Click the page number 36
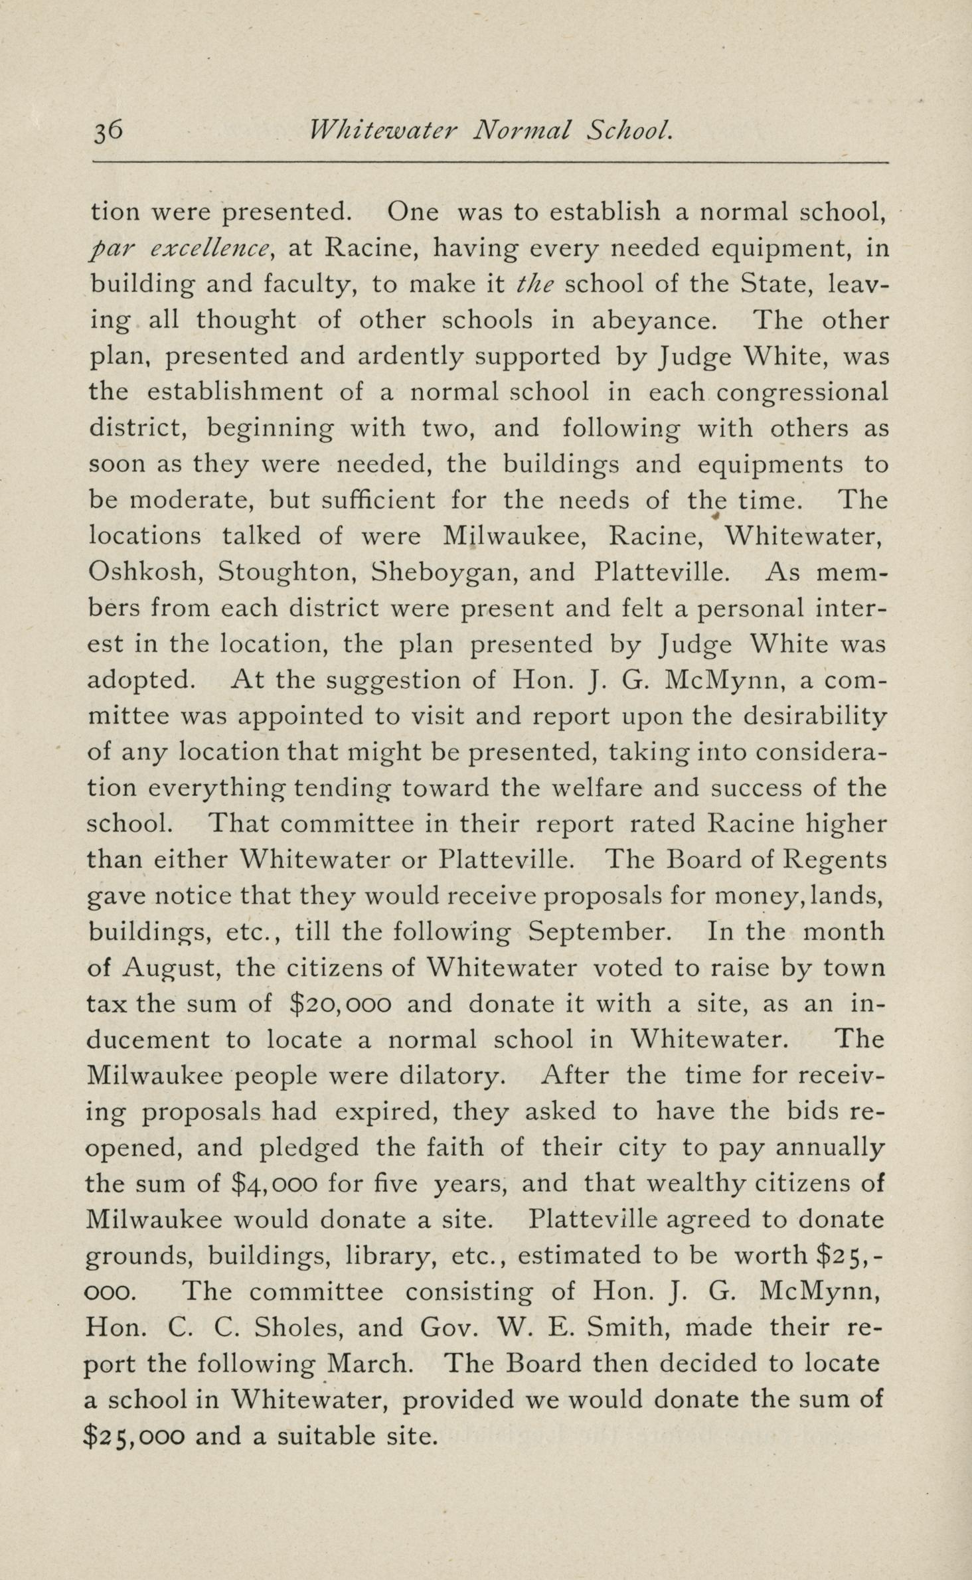[x=107, y=131]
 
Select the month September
[x=600, y=931]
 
